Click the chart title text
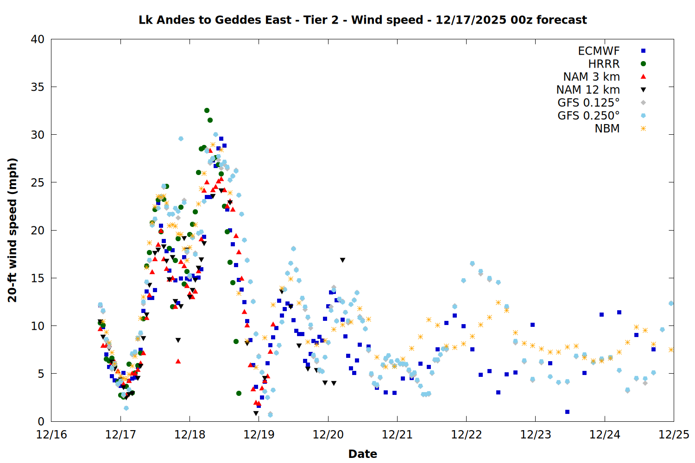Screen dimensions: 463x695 (362, 20)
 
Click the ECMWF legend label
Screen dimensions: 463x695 (599, 51)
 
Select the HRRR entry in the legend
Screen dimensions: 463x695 (604, 64)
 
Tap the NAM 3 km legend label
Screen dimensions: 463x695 (591, 77)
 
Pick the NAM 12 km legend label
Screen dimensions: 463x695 (588, 90)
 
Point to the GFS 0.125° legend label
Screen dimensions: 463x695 (588, 103)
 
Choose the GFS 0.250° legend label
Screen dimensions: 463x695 (588, 116)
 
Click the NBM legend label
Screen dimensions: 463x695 (607, 129)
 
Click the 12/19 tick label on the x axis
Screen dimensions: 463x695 (259, 435)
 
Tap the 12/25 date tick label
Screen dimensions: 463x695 (674, 435)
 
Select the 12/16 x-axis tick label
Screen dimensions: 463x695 (51, 435)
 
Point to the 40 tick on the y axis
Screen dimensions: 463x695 (38, 39)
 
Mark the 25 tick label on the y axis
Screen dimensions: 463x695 (38, 182)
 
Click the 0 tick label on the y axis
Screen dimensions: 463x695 (41, 421)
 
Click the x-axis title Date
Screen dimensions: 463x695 (362, 454)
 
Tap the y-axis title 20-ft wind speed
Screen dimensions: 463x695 (13, 230)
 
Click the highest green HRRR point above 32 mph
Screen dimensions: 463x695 (207, 110)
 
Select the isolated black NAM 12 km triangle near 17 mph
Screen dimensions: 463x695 (342, 260)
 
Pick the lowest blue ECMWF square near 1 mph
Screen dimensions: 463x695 (567, 412)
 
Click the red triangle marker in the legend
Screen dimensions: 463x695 (643, 77)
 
